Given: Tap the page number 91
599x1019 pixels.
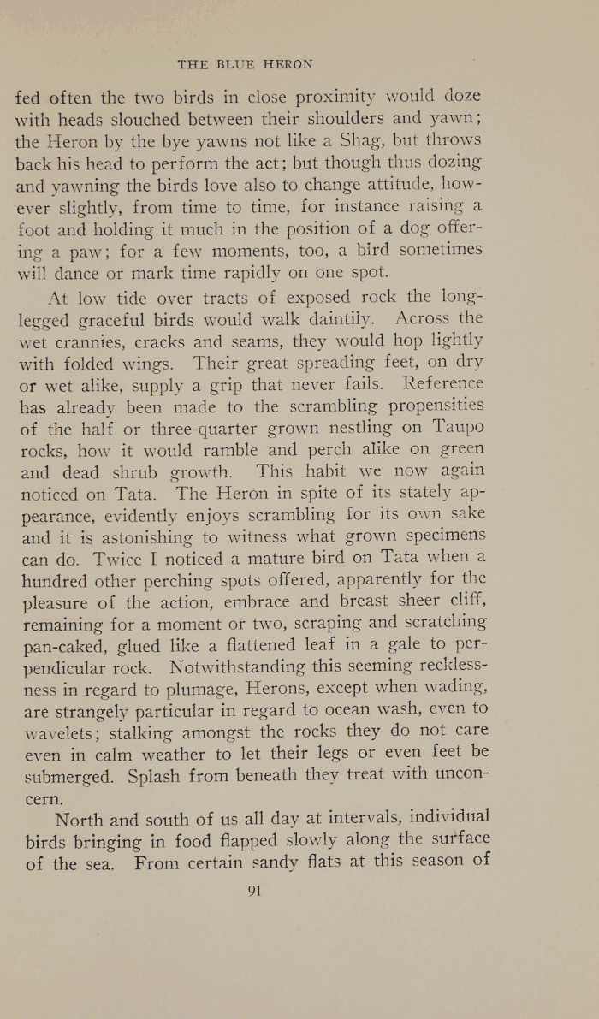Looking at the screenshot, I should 253,890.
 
